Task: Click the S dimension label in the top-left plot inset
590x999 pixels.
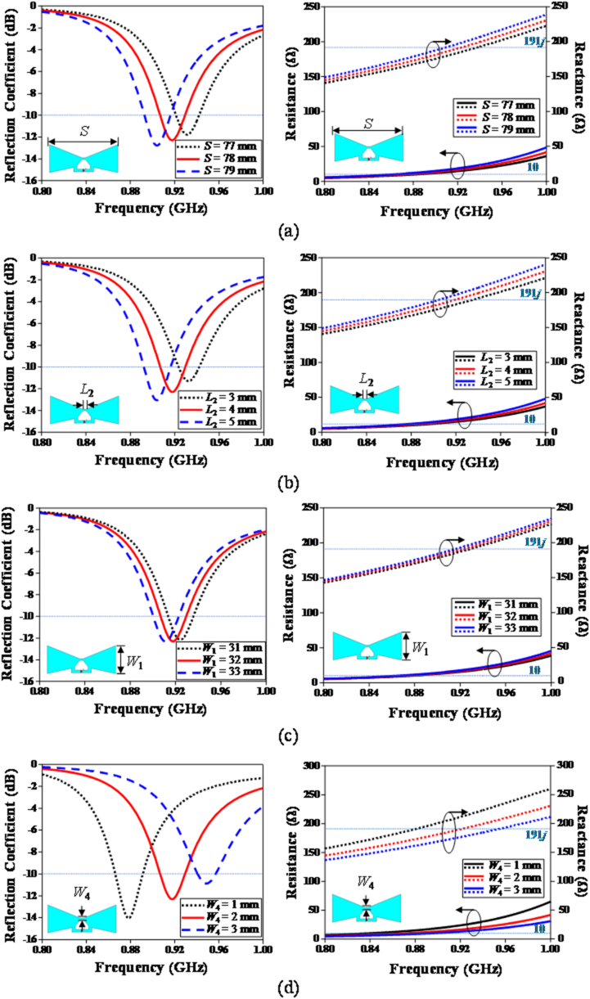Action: (83, 129)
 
